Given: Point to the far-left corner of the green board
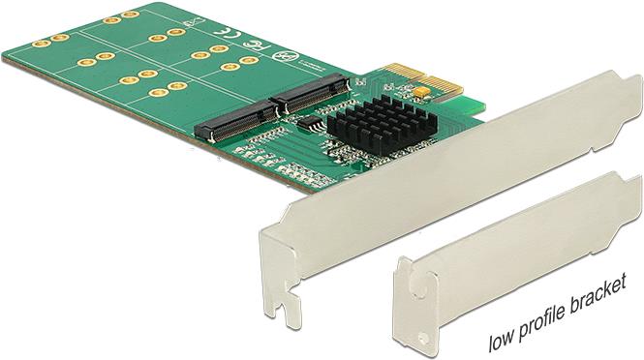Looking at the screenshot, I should [4, 56].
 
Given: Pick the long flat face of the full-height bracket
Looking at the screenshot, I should [436, 174].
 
